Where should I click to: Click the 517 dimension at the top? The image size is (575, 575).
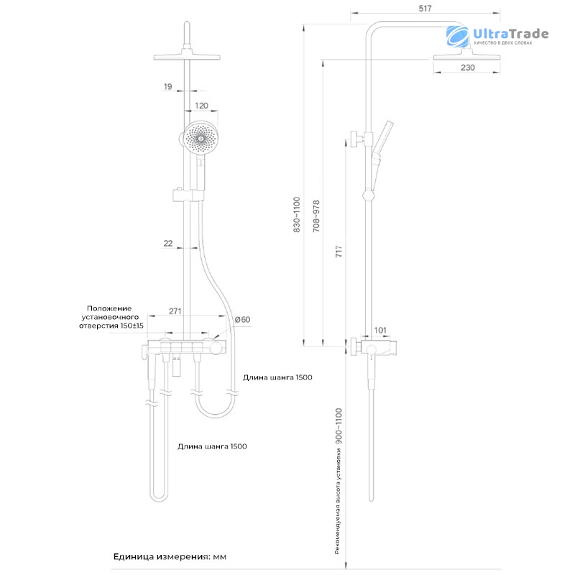425,8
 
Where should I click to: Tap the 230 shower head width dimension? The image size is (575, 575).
468,68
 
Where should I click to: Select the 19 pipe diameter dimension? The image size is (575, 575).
167,86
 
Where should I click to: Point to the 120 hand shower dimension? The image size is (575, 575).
201,106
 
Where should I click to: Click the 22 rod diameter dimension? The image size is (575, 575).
168,243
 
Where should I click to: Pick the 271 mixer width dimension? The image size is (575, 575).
175,311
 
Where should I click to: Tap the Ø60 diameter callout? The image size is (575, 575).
242,319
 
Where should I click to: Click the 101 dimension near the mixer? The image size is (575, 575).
380,330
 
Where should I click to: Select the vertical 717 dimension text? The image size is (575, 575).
339,251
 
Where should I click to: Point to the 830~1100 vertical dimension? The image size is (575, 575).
297,214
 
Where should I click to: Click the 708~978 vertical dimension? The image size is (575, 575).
316,216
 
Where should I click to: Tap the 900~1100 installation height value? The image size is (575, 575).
339,426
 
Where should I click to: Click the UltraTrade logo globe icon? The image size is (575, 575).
457,37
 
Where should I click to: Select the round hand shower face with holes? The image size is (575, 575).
201,138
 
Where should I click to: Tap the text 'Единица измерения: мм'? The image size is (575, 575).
170,556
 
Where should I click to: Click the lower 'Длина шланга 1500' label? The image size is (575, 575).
212,446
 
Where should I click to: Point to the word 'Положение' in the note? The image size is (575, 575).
109,308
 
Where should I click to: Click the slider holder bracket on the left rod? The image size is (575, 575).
188,195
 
